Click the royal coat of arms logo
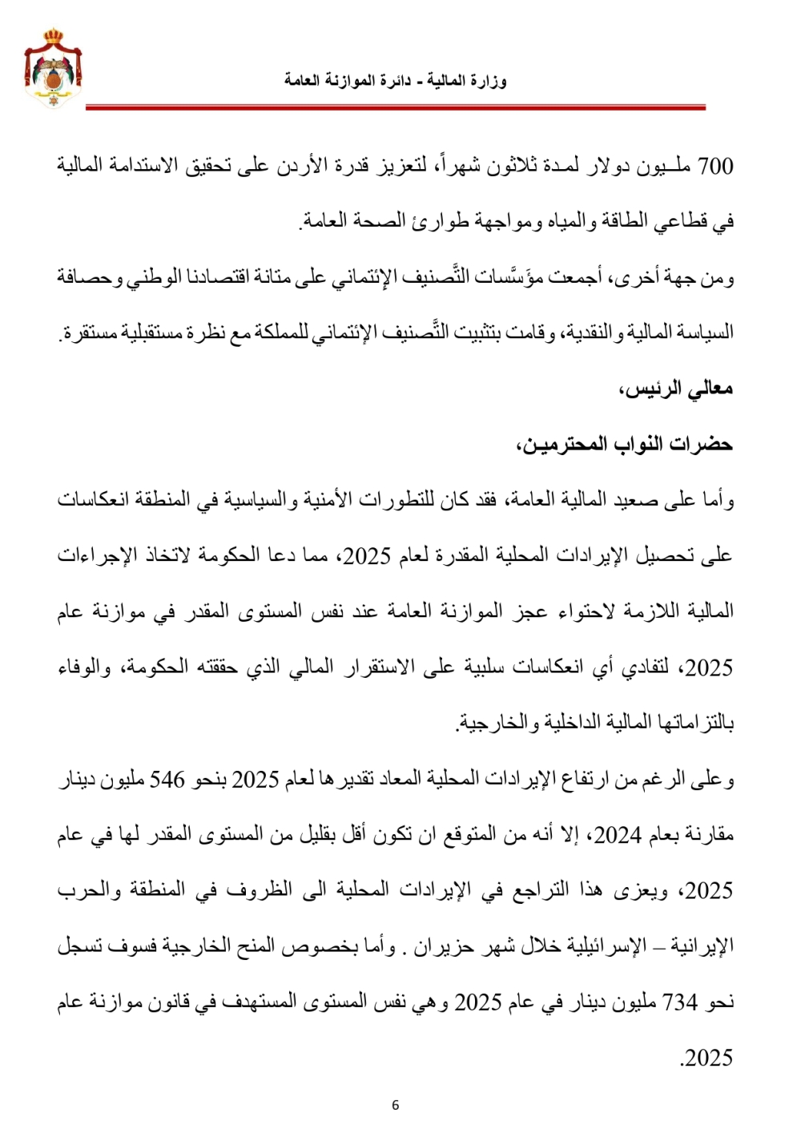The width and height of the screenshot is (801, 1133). tap(52, 68)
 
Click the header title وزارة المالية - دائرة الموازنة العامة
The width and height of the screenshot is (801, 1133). tap(395, 81)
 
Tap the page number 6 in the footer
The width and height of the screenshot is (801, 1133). tap(395, 1105)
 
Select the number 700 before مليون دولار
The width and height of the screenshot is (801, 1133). tap(715, 167)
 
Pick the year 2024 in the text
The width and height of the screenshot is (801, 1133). tap(618, 836)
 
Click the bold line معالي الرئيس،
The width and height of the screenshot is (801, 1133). tap(676, 389)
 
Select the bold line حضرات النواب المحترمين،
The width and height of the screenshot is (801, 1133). tap(625, 444)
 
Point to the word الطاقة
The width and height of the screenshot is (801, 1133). tap(624, 222)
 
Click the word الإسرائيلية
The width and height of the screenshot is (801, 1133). tap(611, 946)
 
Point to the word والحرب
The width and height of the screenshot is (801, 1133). tap(89, 890)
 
